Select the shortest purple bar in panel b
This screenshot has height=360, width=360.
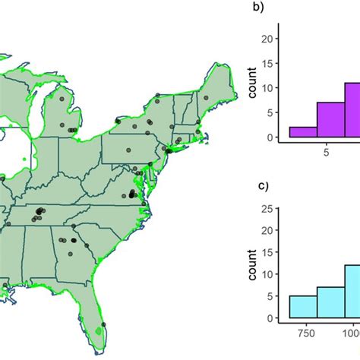point(302,132)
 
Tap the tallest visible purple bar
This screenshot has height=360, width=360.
point(352,110)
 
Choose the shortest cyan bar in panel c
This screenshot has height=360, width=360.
point(302,307)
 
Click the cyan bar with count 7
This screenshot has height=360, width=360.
point(331,302)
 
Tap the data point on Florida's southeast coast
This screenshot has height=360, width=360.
point(103,324)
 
